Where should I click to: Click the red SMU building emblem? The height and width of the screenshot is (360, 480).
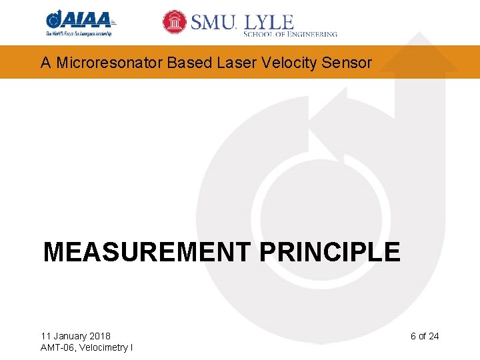175,22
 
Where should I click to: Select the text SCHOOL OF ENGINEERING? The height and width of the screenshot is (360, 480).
291,33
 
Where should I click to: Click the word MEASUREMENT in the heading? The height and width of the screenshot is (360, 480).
147,253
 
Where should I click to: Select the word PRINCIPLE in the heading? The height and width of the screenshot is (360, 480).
329,253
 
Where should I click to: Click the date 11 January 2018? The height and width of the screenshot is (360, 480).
76,336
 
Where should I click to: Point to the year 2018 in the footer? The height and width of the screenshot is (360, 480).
99,336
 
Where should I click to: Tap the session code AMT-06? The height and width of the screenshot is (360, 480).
57,347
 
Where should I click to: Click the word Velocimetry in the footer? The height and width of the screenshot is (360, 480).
104,347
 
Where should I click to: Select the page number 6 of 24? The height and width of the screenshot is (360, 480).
425,336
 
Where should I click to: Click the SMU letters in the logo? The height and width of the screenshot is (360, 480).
213,22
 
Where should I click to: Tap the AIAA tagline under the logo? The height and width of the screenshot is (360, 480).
79,33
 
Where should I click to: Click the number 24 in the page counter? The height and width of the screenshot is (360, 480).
433,336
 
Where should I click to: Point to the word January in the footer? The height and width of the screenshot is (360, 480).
69,336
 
